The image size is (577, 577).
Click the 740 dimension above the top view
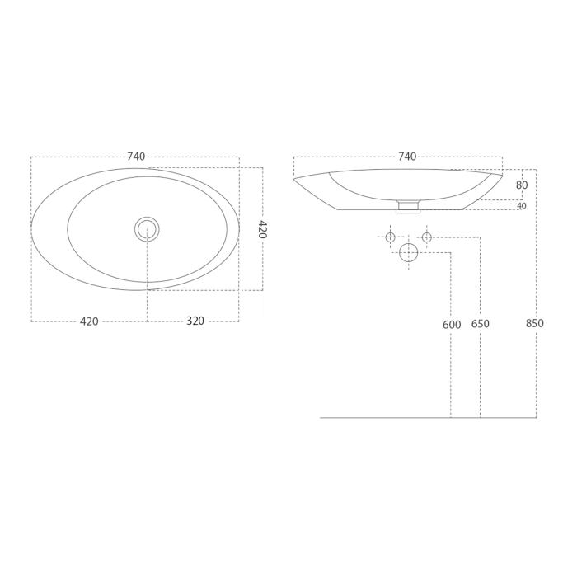click(136, 157)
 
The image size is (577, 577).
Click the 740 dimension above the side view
click(407, 157)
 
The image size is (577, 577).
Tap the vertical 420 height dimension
click(261, 229)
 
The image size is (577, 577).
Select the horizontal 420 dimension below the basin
click(89, 321)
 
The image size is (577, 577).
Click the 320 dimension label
click(195, 321)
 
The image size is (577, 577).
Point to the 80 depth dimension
click(522, 185)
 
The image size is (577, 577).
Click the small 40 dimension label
click(522, 206)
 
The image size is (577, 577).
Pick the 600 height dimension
click(452, 325)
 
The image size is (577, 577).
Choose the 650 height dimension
click(481, 324)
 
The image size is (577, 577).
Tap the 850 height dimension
click(535, 324)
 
